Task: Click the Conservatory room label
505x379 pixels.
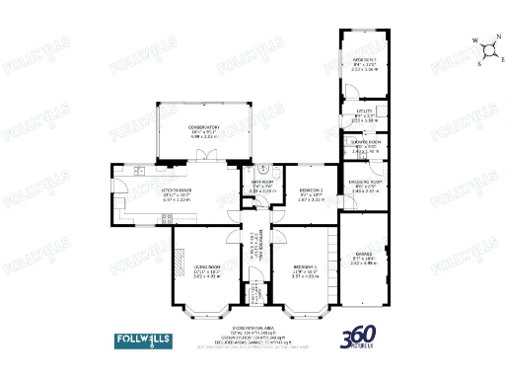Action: coord(204,127)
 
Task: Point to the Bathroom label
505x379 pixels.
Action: coord(262,184)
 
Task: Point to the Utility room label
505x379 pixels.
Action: coord(365,113)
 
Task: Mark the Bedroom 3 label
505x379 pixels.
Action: coord(365,65)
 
